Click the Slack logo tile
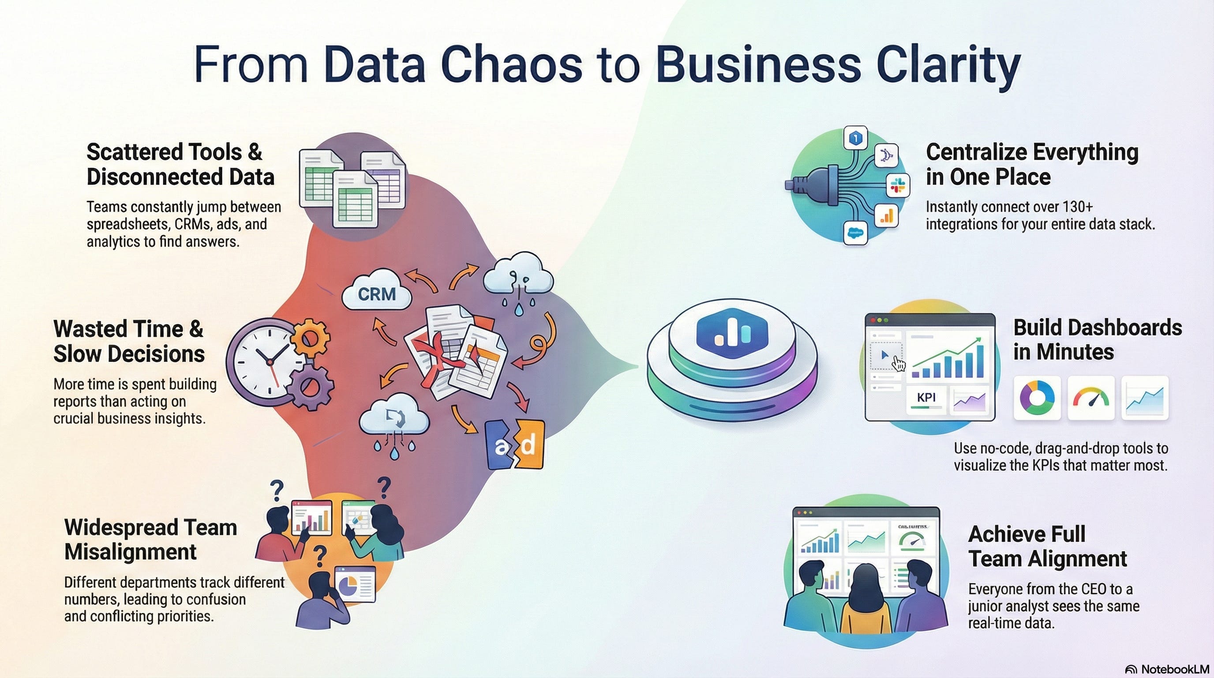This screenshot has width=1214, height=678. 898,185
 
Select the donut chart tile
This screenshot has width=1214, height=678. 1037,397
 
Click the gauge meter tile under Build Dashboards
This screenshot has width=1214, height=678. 1091,397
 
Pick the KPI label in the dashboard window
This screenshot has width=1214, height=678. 926,397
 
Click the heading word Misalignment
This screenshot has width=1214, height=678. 130,552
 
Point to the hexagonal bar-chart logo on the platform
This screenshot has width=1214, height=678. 732,332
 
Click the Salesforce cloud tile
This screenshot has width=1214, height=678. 855,233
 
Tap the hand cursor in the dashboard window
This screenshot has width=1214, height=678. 899,364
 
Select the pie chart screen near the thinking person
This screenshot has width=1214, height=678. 354,584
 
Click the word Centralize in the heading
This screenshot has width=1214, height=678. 975,152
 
